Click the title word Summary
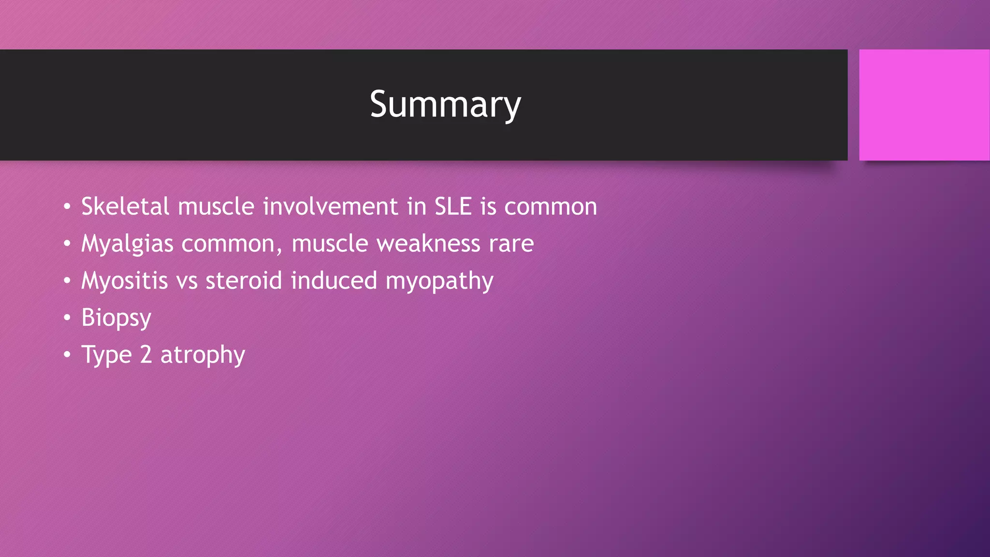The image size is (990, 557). pyautogui.click(x=445, y=104)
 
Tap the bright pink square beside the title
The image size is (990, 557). pyautogui.click(x=924, y=104)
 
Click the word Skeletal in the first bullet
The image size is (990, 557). pyautogui.click(x=125, y=206)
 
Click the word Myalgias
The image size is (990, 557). pyautogui.click(x=127, y=244)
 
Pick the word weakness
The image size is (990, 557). pyautogui.click(x=428, y=244)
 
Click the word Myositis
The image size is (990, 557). pyautogui.click(x=124, y=281)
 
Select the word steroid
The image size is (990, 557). pyautogui.click(x=244, y=281)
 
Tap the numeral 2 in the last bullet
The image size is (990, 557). pyautogui.click(x=146, y=354)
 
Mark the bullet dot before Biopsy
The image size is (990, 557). pyautogui.click(x=67, y=318)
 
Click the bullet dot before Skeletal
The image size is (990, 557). pyautogui.click(x=67, y=207)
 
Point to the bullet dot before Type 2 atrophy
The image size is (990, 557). pyautogui.click(x=67, y=355)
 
